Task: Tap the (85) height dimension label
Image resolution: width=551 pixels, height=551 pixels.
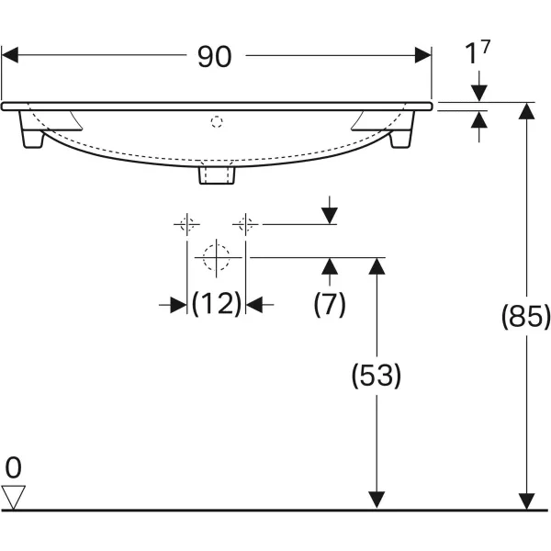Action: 525,316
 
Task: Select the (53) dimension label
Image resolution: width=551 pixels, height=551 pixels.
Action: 377,375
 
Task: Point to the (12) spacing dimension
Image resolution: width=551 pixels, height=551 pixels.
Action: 216,304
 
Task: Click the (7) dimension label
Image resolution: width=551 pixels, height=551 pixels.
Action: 330,304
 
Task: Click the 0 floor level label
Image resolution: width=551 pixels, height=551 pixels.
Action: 13,468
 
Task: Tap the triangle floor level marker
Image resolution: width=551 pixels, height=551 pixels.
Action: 13,497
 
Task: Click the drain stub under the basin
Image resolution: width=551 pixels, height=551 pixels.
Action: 218,173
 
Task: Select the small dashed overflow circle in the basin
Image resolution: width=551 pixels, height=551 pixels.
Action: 218,120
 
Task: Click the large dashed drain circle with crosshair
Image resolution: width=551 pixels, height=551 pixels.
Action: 217,258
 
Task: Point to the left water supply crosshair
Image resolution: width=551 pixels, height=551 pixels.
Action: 187,223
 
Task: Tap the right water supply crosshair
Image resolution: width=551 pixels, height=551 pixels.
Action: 245,223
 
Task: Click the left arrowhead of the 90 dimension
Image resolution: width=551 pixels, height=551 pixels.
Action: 10,55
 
